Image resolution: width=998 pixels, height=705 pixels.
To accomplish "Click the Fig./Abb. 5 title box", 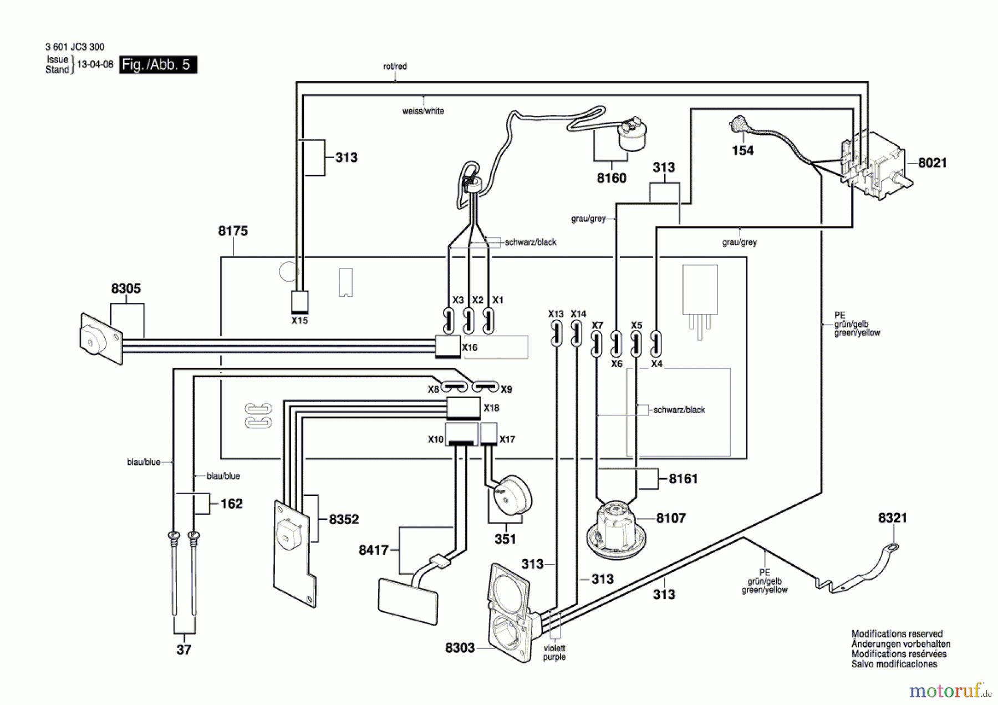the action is [158, 65].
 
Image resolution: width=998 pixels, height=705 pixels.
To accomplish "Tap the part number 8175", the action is [233, 231].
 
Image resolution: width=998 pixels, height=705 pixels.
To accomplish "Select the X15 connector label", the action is [299, 321].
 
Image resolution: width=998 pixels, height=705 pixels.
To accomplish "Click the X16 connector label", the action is [470, 347].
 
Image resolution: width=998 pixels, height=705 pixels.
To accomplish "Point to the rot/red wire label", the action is [395, 66].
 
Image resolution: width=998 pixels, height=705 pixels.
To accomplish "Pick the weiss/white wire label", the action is [423, 111].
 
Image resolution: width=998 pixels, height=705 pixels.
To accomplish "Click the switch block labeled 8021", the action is [875, 165].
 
